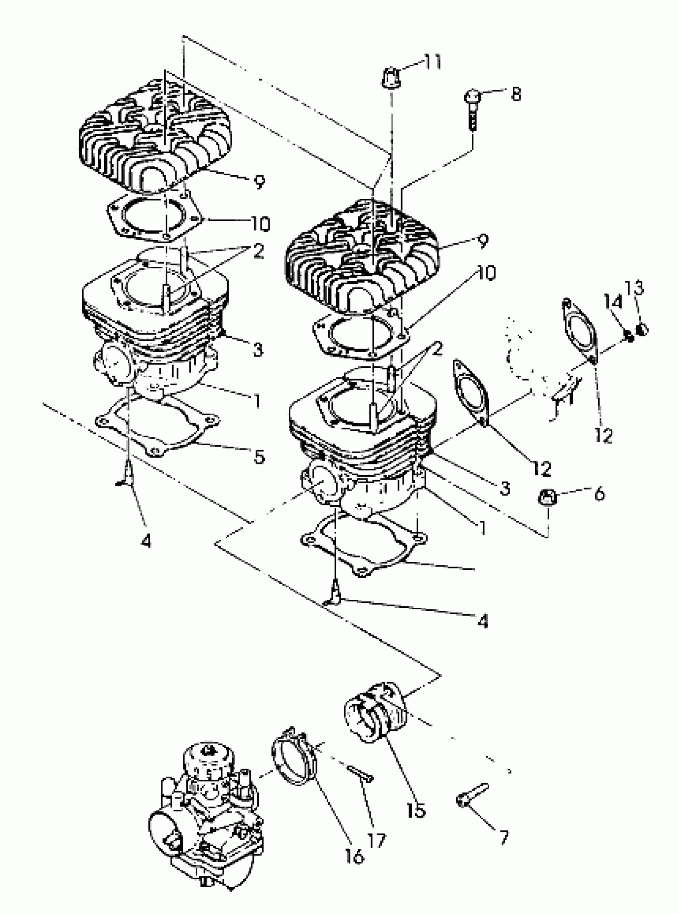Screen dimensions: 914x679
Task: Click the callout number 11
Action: click(x=433, y=62)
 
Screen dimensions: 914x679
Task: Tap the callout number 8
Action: click(x=515, y=94)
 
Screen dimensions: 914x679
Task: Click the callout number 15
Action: click(x=416, y=811)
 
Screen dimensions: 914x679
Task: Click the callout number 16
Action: click(x=354, y=856)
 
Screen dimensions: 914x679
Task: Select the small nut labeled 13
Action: click(x=642, y=329)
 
